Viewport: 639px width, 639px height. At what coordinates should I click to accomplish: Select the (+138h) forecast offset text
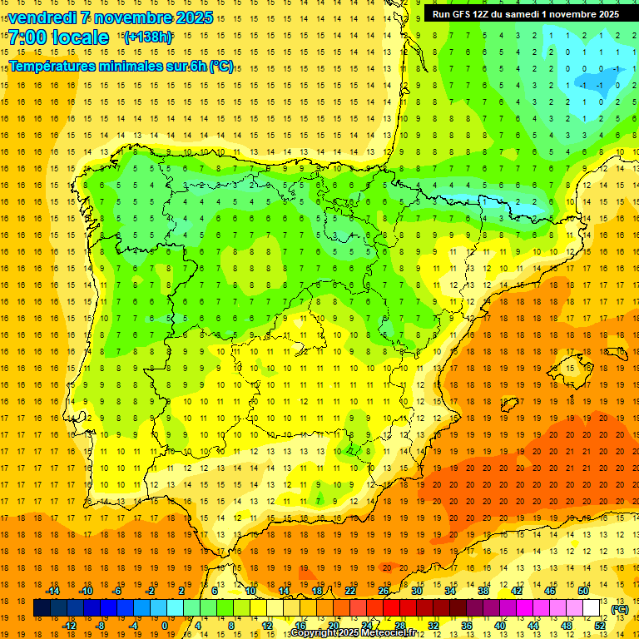tap(148, 37)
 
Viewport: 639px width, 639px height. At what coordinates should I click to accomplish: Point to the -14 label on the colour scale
tap(53, 591)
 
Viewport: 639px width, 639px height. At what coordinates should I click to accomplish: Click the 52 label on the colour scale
tap(600, 626)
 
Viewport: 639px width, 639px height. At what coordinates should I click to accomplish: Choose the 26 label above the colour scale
tap(384, 591)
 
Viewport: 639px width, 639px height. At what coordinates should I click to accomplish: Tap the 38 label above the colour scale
tap(483, 591)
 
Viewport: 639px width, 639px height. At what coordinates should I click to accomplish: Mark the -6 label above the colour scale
tap(117, 591)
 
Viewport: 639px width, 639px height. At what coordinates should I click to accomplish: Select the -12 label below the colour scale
tap(70, 626)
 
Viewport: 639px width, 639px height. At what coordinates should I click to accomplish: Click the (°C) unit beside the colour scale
tap(619, 609)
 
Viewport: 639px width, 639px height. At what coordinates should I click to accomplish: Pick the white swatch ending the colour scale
tap(592, 608)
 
